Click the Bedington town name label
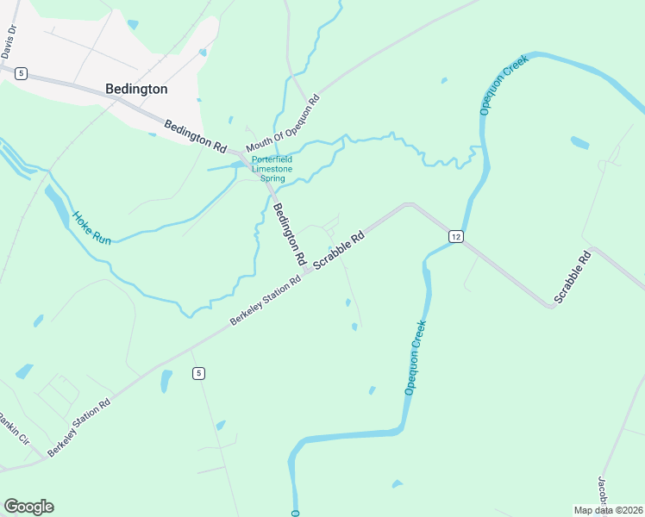pyautogui.click(x=136, y=89)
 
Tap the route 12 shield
pyautogui.click(x=456, y=236)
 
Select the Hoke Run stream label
pyautogui.click(x=91, y=227)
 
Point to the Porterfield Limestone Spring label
pyautogui.click(x=272, y=169)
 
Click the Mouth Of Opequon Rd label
pyautogui.click(x=283, y=122)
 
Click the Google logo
pyautogui.click(x=28, y=507)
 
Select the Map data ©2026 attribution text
pyautogui.click(x=609, y=510)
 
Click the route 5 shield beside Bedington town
pyautogui.click(x=21, y=74)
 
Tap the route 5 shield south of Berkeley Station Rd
pyautogui.click(x=199, y=373)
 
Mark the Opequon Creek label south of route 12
pyautogui.click(x=416, y=358)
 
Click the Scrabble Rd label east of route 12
pyautogui.click(x=573, y=277)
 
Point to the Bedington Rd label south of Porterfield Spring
pyautogui.click(x=290, y=233)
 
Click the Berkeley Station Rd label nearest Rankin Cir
pyautogui.click(x=79, y=427)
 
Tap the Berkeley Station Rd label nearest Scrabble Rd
pyautogui.click(x=265, y=301)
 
